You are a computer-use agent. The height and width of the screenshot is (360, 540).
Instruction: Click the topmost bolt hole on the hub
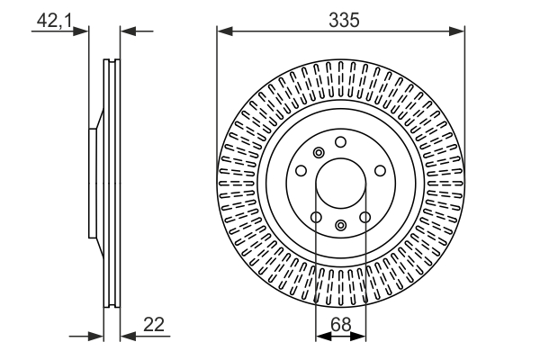point(340,142)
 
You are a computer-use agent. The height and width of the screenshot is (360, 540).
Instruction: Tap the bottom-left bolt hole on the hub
point(316,216)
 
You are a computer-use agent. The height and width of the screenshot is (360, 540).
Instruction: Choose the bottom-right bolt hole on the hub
point(364,216)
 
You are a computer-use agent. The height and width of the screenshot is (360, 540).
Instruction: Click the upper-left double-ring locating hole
point(318,153)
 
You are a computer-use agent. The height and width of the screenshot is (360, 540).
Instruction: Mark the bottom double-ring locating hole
point(340,225)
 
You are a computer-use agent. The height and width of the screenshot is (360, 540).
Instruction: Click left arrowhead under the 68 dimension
point(321,337)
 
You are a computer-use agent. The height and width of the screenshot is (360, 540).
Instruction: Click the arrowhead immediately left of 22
point(126,337)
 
